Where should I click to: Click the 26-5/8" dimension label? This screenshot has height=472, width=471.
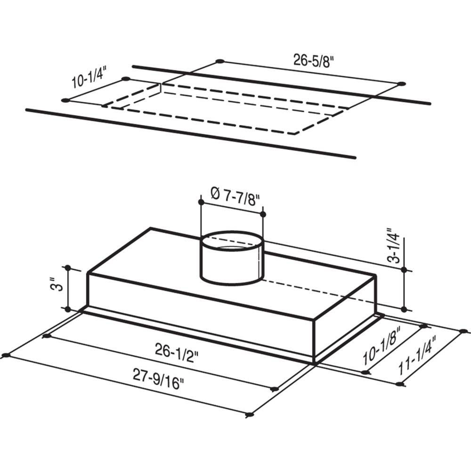(314, 61)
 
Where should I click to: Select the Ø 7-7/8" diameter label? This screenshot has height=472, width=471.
(235, 196)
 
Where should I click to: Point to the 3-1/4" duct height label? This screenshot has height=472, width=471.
(394, 245)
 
